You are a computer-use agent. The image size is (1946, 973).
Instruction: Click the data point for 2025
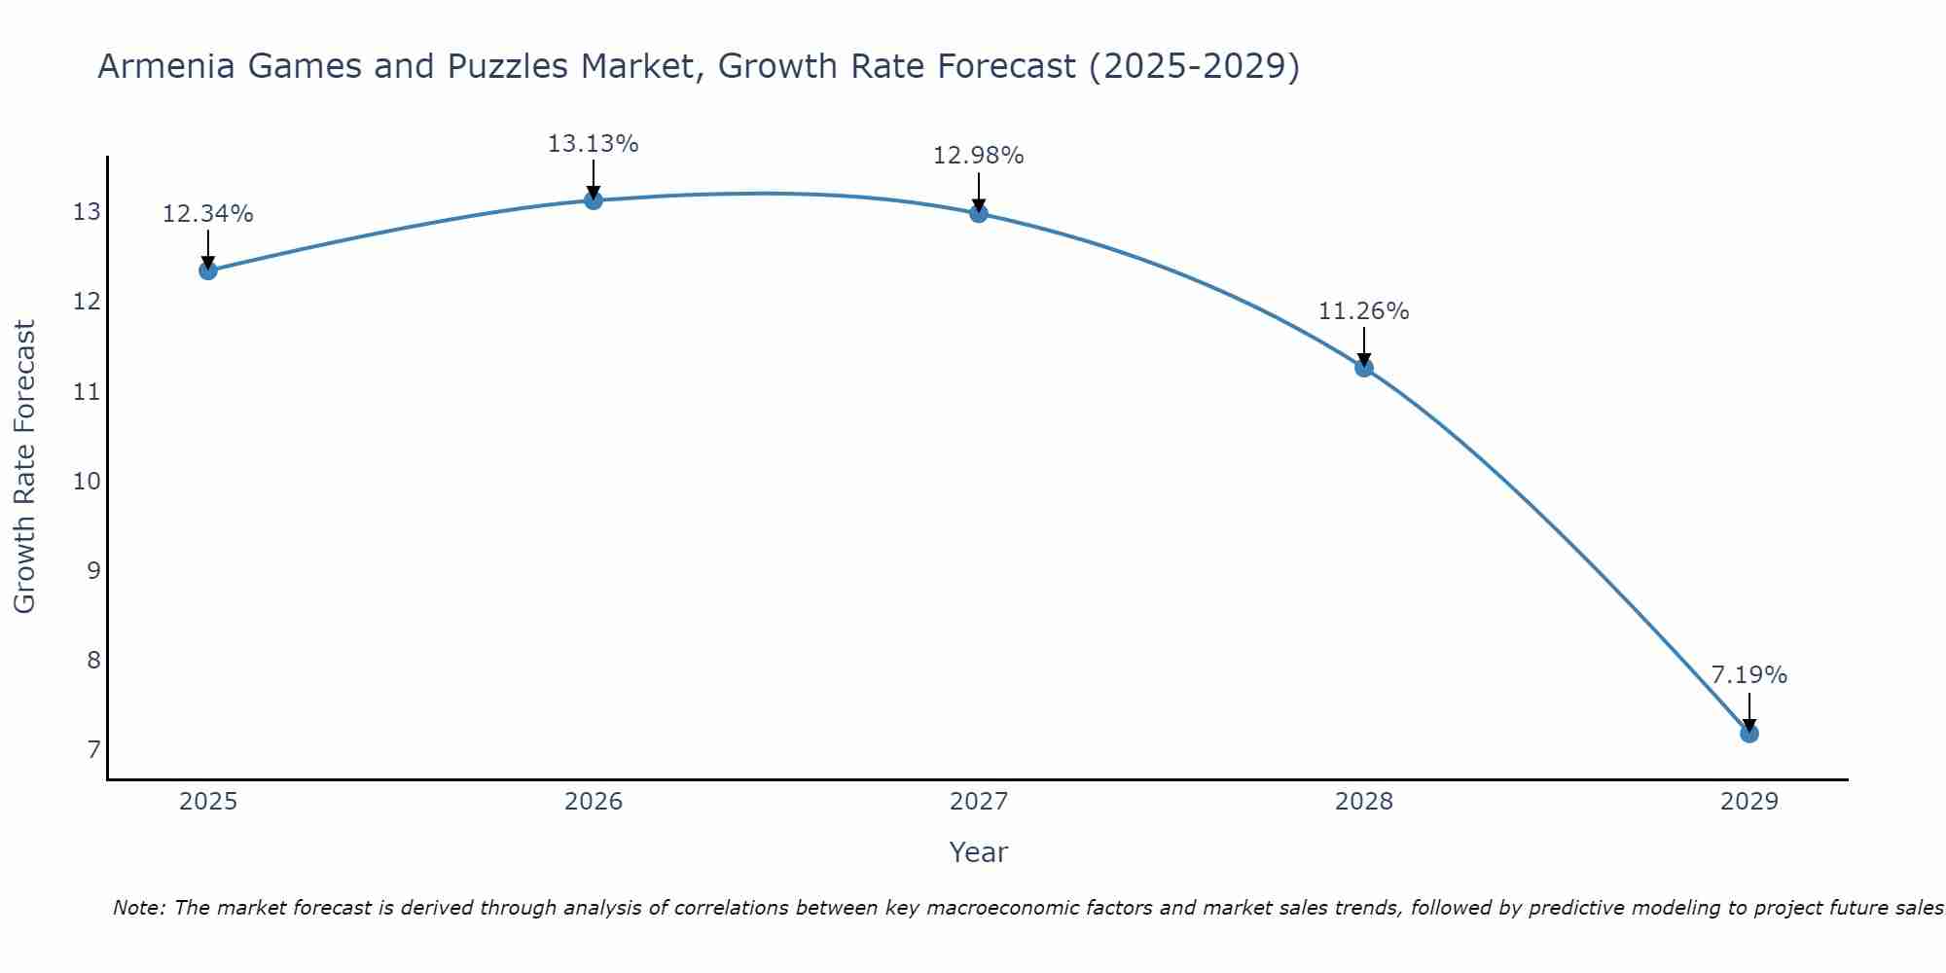pos(207,270)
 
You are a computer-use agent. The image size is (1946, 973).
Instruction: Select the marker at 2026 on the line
pos(594,200)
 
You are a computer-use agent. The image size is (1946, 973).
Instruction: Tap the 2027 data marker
pos(979,213)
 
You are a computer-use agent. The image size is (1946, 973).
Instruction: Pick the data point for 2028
pos(1364,367)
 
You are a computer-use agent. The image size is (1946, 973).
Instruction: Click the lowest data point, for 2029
pos(1748,733)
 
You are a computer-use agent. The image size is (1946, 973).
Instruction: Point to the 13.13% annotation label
pos(593,144)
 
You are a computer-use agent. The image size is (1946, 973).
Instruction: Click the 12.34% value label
pos(207,214)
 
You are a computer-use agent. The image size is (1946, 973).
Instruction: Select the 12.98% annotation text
pos(978,156)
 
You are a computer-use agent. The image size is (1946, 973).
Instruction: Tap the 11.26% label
pos(1363,311)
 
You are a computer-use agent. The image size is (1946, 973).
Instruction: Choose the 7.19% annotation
pos(1748,675)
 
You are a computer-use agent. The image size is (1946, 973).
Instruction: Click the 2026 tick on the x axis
pos(594,802)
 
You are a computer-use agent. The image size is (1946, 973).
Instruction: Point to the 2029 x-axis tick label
pos(1748,802)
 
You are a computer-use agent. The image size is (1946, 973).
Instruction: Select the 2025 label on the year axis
pos(208,802)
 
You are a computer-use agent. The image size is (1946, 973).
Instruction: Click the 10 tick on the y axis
pos(87,482)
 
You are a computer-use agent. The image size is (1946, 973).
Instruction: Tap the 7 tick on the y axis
pos(93,750)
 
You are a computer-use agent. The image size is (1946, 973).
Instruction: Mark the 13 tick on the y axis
pos(87,212)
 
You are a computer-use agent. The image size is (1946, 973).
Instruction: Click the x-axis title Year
pos(978,852)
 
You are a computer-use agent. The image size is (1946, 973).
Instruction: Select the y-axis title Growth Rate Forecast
pos(24,466)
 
